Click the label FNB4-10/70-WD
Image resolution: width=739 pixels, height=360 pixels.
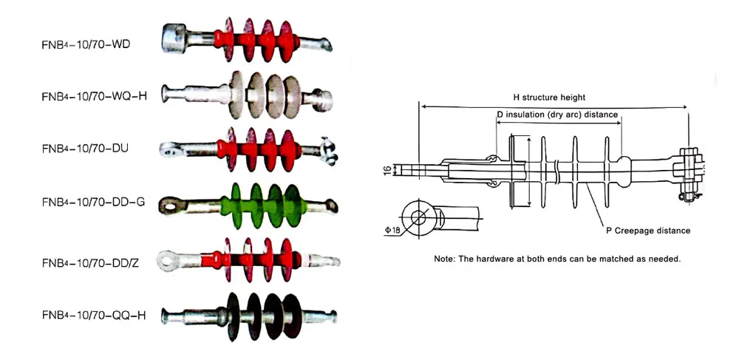click(86, 44)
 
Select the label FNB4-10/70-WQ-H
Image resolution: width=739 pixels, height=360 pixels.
click(95, 96)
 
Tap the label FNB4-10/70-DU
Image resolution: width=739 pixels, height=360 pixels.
click(85, 148)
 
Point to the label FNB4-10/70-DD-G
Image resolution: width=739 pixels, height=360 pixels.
click(93, 201)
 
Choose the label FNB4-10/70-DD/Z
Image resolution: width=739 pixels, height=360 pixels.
click(92, 262)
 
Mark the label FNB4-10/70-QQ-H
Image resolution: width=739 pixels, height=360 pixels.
click(94, 315)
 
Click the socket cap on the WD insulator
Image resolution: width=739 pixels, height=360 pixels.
click(176, 35)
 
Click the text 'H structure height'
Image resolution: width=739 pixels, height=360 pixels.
click(549, 98)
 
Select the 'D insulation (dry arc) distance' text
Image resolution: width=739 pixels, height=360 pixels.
click(556, 115)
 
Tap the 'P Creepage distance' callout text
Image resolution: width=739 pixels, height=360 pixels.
click(648, 231)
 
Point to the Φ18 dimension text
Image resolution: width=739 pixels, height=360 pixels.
click(392, 230)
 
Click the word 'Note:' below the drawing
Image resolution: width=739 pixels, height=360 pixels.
click(445, 259)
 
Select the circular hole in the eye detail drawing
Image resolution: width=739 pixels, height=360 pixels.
click(419, 217)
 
